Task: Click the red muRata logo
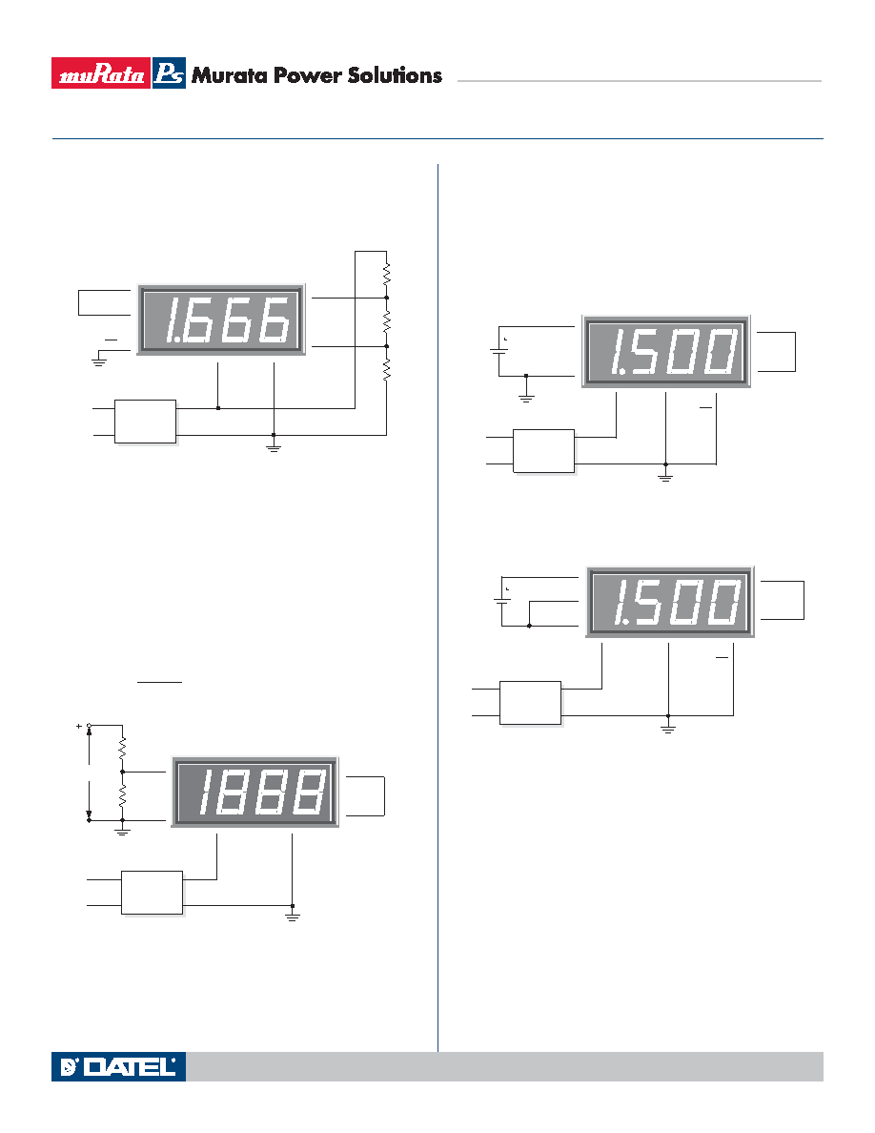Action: click(101, 73)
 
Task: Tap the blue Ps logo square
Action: click(169, 73)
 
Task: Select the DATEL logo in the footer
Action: click(118, 1066)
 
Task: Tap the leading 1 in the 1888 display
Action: click(205, 792)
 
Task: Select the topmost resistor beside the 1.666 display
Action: click(386, 273)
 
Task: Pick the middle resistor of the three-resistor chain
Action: click(386, 322)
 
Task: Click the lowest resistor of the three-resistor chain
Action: click(386, 370)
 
